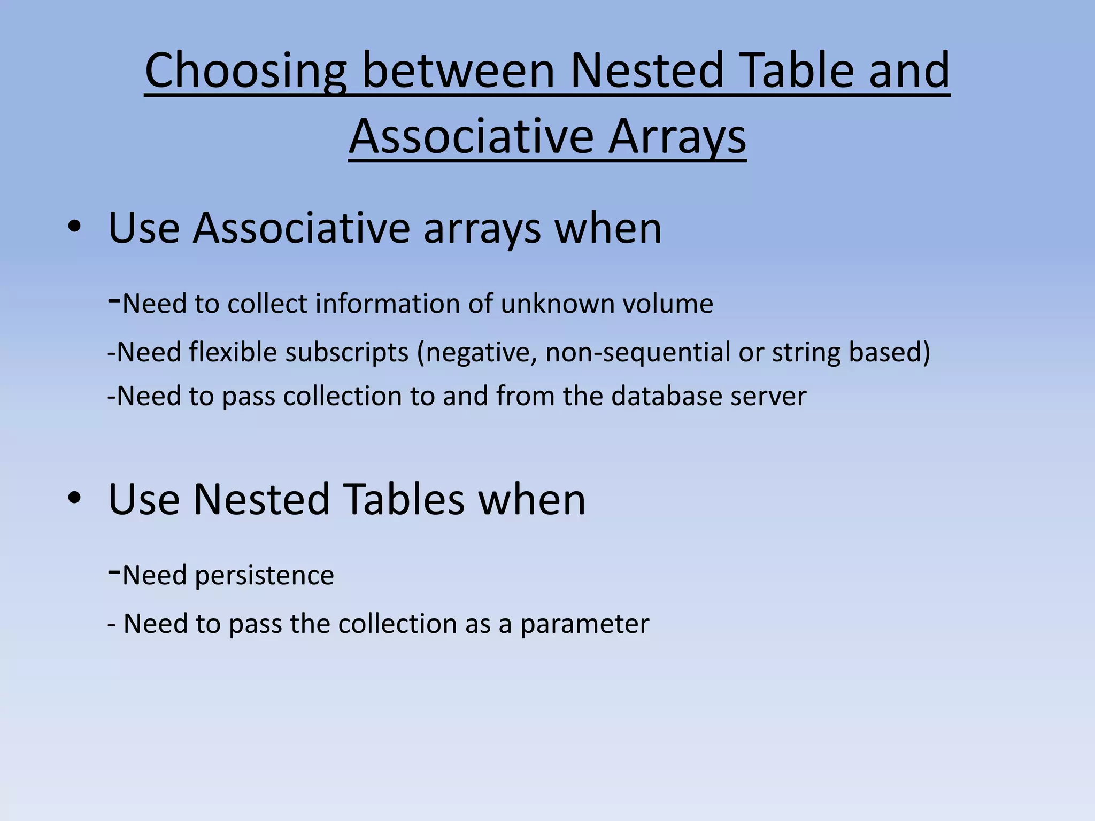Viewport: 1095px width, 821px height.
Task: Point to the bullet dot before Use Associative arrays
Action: [x=74, y=228]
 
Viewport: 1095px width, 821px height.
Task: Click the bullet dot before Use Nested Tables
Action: [x=74, y=499]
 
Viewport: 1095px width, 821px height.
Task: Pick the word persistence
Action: [x=264, y=576]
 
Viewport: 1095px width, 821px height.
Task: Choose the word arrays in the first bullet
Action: [x=482, y=229]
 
